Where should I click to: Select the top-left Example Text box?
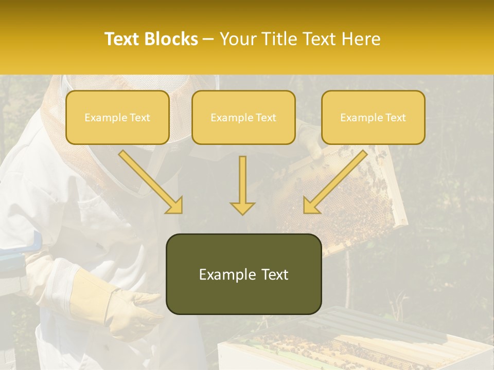coord(117,117)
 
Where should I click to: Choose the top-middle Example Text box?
coord(243,117)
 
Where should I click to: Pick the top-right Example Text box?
coord(373,117)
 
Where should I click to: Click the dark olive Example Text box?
coord(243,274)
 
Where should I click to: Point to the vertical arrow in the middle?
coord(242,185)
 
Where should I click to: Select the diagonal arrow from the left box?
coord(151,182)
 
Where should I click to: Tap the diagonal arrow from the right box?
coord(334,182)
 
